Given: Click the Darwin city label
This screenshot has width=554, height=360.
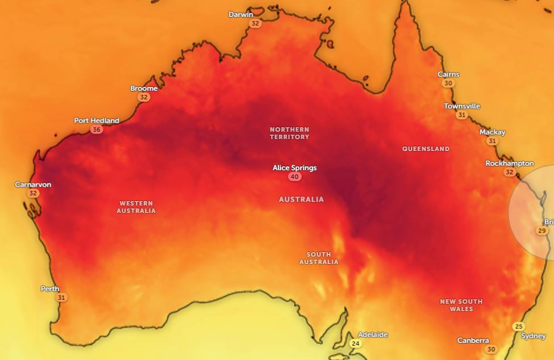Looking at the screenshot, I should click(x=241, y=15).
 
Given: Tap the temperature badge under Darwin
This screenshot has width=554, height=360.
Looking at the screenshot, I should click(x=255, y=24).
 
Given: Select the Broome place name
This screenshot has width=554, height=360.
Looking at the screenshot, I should click(x=144, y=89).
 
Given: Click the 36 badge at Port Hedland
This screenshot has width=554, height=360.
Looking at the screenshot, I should click(x=97, y=129).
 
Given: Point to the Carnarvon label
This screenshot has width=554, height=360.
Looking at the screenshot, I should click(x=33, y=185).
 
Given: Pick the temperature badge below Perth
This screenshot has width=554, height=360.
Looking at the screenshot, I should click(x=61, y=298).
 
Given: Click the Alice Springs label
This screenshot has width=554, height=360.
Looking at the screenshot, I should click(x=294, y=168).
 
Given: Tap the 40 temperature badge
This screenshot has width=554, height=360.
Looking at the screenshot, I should click(x=294, y=177).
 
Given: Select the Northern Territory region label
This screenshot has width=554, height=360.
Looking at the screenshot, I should click(x=289, y=133).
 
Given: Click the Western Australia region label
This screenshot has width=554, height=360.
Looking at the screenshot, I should click(x=136, y=207).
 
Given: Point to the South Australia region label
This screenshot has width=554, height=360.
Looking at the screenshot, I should click(x=319, y=258).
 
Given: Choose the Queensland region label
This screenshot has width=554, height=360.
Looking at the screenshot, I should click(x=426, y=149).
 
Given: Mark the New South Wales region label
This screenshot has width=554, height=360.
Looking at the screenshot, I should click(x=461, y=305).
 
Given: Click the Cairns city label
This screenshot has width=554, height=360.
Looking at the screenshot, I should click(x=448, y=74).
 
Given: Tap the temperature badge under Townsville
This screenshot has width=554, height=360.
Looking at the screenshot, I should click(x=461, y=115).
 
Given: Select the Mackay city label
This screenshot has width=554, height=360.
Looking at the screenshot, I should click(x=492, y=132).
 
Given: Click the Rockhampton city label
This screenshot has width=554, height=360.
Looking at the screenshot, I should click(x=509, y=164).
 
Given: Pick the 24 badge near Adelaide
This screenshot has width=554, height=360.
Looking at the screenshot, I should click(x=356, y=344).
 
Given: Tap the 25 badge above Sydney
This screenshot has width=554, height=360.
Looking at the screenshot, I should click(x=518, y=326).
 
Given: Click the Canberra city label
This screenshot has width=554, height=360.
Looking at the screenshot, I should click(x=473, y=341).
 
